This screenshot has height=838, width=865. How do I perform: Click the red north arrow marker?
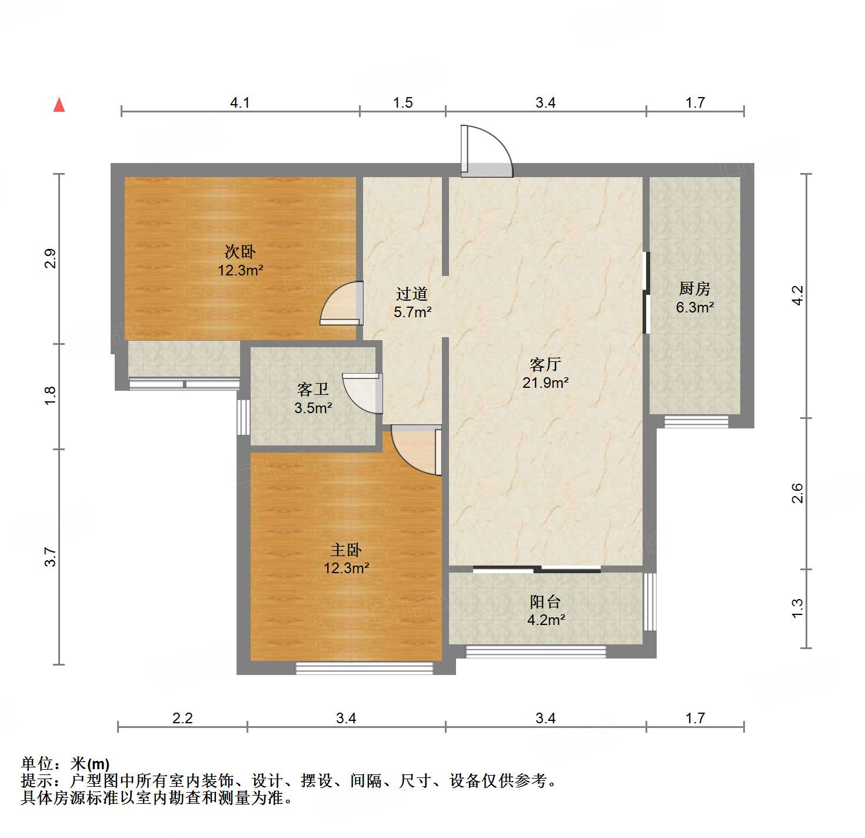[59, 105]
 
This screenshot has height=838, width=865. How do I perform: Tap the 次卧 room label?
[240, 252]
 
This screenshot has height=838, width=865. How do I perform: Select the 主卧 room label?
[346, 550]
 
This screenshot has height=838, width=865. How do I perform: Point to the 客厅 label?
[545, 365]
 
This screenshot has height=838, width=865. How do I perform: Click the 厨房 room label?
[694, 289]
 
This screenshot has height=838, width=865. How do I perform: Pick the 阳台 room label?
[545, 601]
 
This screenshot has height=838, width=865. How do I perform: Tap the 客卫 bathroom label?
[312, 390]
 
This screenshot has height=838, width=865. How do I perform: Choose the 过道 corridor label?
[412, 294]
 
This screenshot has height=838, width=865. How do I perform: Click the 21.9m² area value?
[545, 383]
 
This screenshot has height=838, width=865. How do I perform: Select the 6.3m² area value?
[695, 307]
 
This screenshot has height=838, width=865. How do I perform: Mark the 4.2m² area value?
[546, 620]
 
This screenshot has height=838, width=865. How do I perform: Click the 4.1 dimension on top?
[239, 103]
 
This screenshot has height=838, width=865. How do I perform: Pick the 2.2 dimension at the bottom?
[182, 719]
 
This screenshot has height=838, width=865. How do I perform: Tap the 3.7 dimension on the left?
[51, 557]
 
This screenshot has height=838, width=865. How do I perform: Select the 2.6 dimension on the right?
[797, 493]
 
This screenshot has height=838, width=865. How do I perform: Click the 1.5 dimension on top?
[403, 103]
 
